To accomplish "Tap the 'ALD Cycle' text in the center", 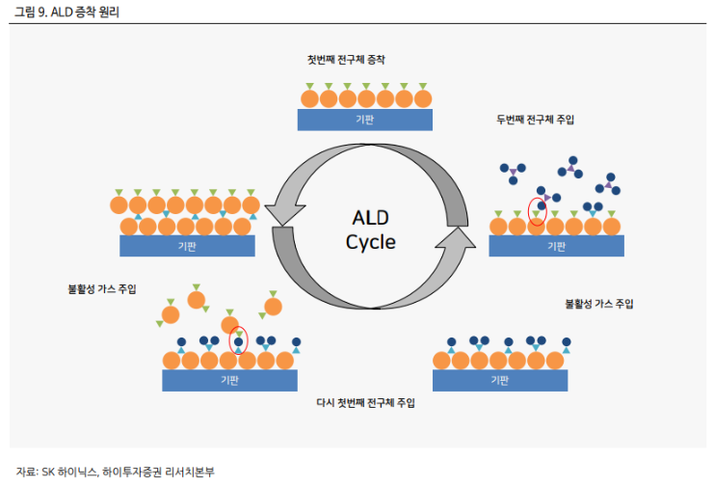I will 370,228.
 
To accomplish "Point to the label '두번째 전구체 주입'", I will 535,121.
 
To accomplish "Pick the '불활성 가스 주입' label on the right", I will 598,304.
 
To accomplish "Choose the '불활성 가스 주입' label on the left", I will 102,288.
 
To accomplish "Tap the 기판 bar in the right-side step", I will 556,246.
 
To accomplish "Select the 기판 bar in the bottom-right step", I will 499,380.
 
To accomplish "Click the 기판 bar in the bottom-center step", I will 229,380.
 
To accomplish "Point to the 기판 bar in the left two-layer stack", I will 187,246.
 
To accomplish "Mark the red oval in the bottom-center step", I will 238,339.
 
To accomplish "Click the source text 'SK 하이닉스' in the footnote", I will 70,472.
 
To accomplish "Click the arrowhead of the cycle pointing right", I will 459,237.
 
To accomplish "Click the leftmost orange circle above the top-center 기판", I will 309,98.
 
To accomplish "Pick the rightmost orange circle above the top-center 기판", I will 420,98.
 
